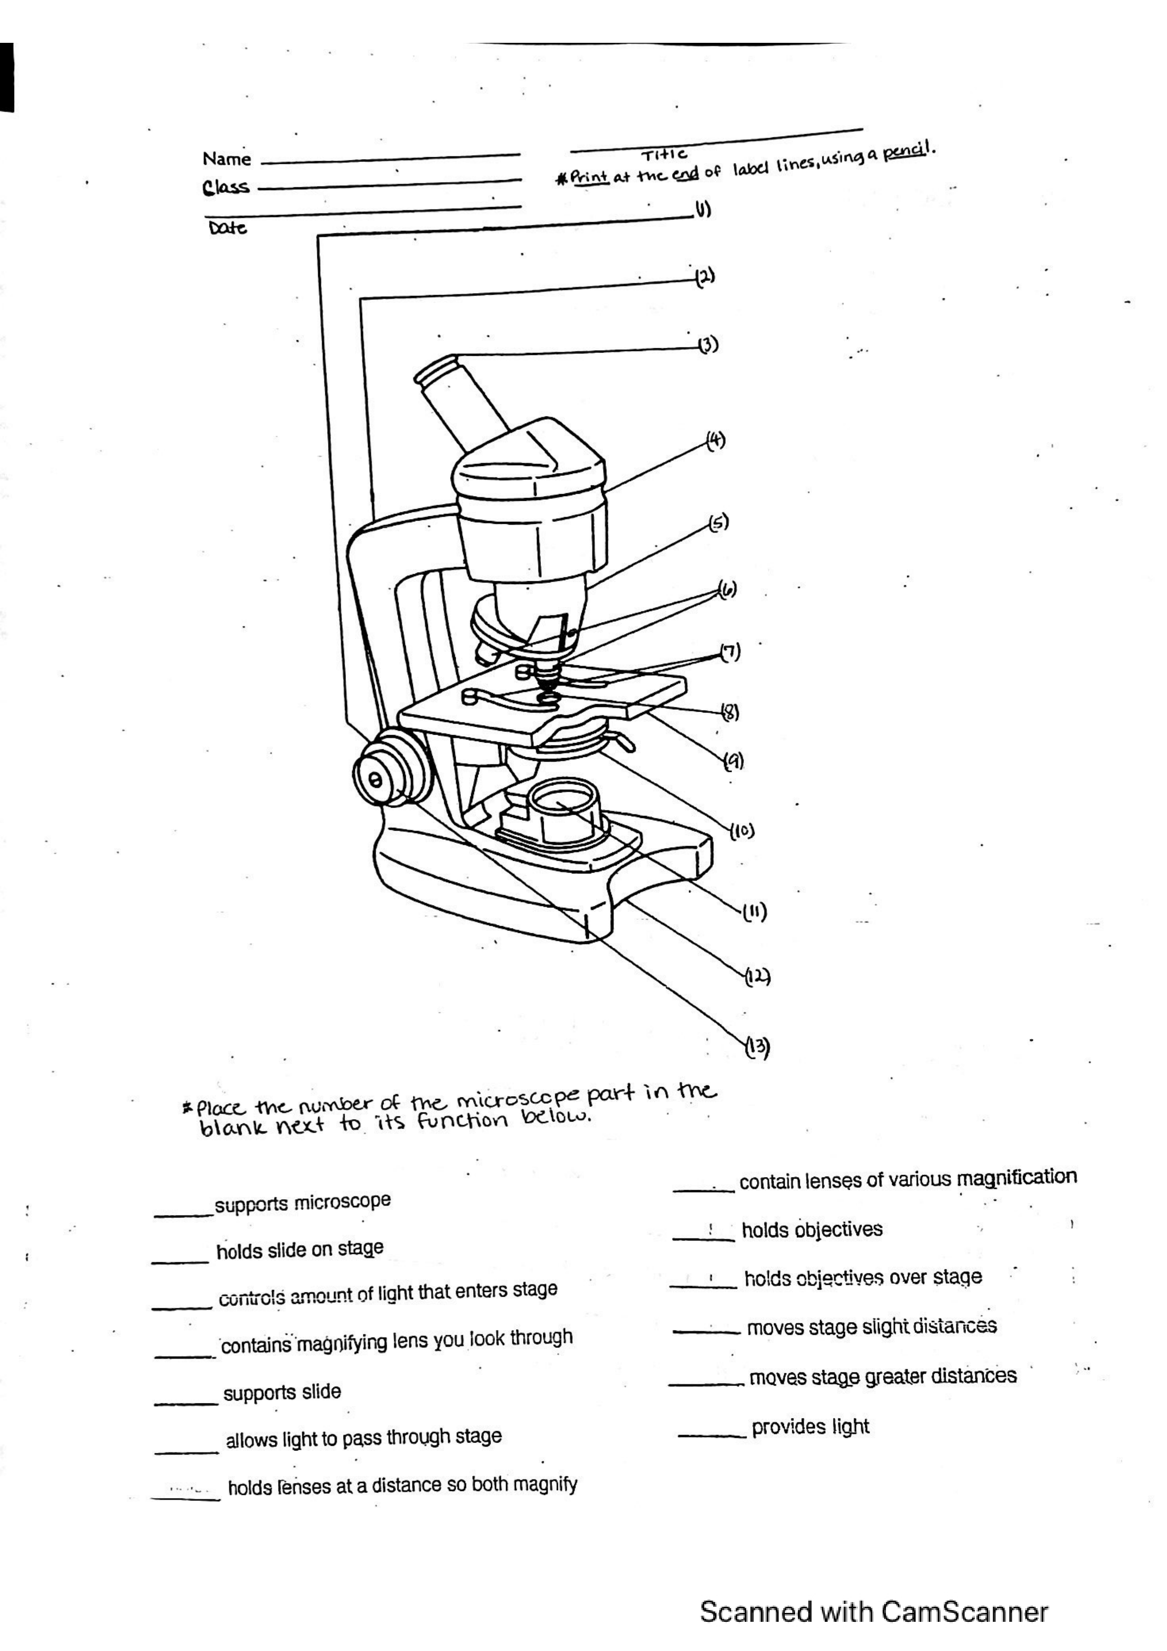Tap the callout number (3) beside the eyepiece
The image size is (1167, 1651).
[x=708, y=345]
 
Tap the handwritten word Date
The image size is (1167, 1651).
[x=227, y=229]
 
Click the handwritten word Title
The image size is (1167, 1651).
[x=664, y=154]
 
